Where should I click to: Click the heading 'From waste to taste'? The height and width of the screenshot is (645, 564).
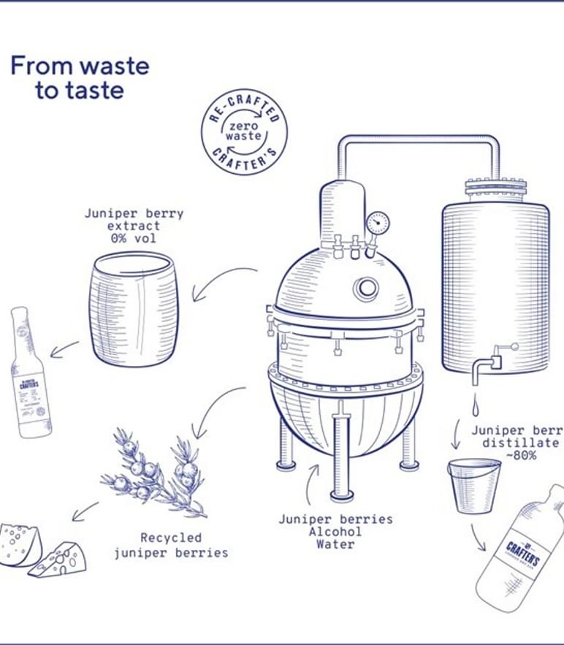point(79,77)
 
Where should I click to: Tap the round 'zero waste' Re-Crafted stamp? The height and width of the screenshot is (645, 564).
point(244,132)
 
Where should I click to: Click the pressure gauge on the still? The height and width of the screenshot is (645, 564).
point(377,223)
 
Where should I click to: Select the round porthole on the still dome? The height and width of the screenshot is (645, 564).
point(366,289)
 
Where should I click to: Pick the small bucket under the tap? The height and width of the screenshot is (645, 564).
point(474,484)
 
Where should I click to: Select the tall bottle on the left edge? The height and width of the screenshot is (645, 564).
point(29,373)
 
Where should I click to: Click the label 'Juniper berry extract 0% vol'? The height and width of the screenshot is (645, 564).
point(134,226)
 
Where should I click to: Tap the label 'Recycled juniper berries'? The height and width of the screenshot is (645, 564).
point(170,546)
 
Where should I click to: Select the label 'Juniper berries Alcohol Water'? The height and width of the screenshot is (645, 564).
point(335,531)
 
